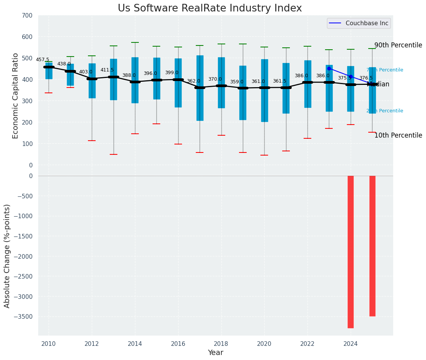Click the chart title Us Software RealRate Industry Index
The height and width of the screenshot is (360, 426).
pos(210,8)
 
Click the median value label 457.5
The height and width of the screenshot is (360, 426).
pos(42,60)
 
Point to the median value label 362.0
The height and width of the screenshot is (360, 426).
pos(193,81)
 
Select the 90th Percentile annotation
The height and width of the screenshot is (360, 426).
pos(398,45)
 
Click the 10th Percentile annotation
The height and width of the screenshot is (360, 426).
pos(398,135)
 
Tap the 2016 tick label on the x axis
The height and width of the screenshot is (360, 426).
pos(178,344)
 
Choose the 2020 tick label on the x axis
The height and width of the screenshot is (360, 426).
pos(264,344)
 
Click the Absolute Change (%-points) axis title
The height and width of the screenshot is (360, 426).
pos(7,256)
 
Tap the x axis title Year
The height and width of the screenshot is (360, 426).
pos(215,353)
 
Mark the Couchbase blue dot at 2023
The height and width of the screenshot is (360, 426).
pos(329,69)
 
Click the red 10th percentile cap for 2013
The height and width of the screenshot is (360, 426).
pos(114,154)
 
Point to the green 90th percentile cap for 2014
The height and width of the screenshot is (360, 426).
pos(135,42)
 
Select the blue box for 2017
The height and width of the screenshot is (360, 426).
pos(200,88)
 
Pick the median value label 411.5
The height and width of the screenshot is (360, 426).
pos(107,70)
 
